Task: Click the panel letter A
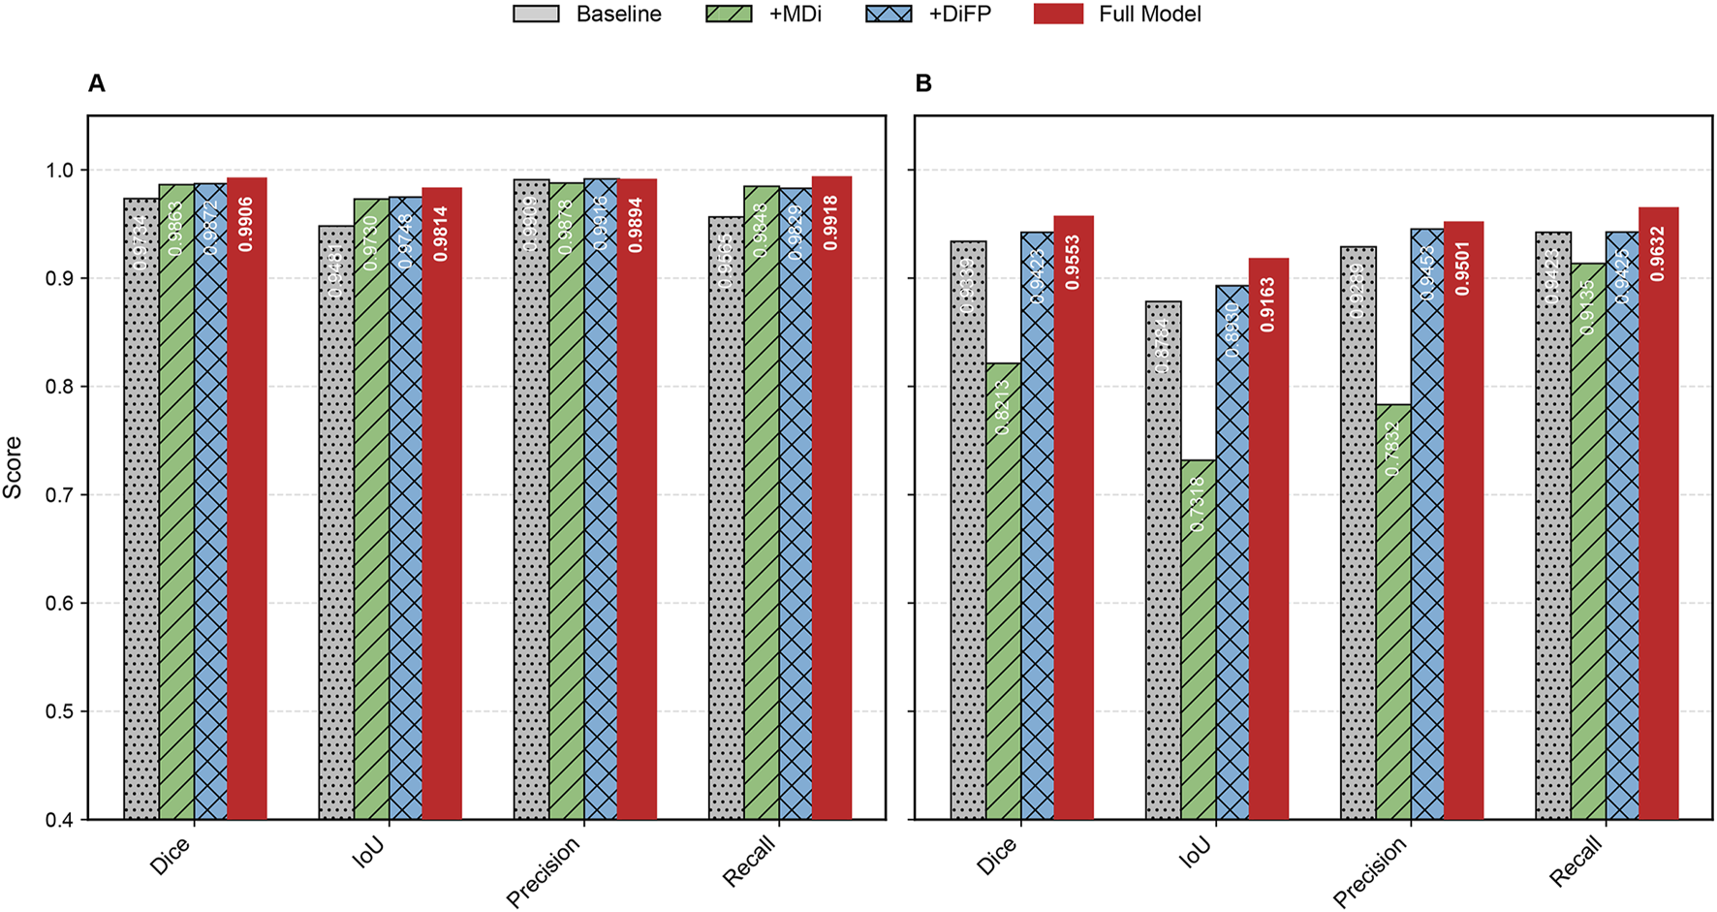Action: coord(96,83)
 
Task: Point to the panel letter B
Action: coord(923,83)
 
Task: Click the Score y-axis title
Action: coord(13,467)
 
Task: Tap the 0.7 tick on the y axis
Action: coord(59,495)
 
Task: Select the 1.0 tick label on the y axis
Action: coord(59,171)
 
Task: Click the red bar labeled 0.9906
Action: coord(246,504)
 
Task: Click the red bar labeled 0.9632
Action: coord(1658,514)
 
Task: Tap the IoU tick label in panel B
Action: coord(1198,850)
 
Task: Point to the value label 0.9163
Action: coord(1268,304)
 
